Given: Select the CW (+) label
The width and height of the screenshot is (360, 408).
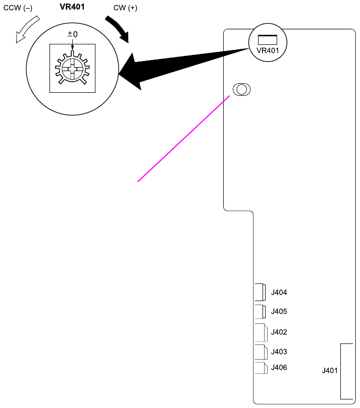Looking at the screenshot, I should point(126,9).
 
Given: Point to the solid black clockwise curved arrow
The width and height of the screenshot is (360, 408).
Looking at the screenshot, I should point(118,29).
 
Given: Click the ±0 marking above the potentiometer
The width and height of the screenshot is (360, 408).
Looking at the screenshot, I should point(73,34).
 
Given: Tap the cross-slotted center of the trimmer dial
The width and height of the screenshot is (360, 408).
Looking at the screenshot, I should point(72,68).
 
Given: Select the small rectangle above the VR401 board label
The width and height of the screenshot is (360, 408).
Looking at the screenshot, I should point(268,39).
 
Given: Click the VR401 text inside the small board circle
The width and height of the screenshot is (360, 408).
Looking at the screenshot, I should point(268,51).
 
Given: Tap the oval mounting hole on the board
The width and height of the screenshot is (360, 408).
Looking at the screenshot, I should point(241,90).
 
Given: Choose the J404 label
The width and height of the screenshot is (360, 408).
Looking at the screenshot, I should point(279,292).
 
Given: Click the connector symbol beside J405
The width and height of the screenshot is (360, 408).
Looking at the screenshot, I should point(261,312).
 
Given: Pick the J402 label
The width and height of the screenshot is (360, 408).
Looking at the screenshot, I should point(279,332).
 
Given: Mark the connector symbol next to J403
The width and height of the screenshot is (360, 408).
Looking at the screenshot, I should point(261,351).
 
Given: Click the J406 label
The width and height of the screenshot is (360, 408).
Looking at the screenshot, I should point(279,367).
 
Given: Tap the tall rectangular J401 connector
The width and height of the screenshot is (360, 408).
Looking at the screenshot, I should point(346,371).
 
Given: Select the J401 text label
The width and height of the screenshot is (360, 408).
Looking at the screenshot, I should point(330,371).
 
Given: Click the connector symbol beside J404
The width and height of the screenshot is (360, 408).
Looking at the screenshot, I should point(261,292).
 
